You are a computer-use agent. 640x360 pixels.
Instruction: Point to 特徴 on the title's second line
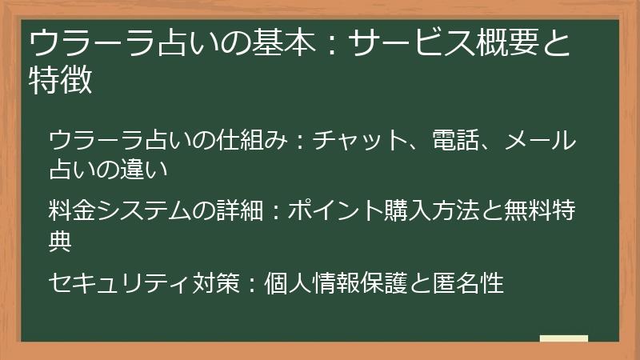coord(60,80)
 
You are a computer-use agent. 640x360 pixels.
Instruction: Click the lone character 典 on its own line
coord(60,240)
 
